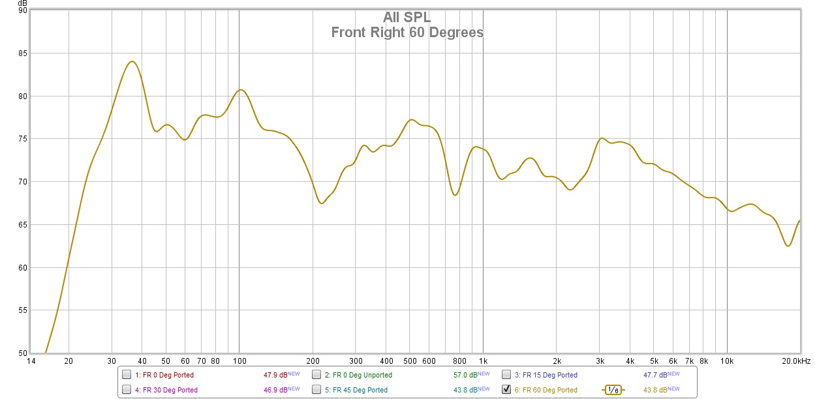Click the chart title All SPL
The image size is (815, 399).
(407, 18)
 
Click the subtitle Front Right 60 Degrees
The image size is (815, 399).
(407, 32)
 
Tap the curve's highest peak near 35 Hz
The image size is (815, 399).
(132, 61)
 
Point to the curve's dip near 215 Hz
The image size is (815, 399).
(322, 203)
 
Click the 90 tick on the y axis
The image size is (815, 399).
(22, 10)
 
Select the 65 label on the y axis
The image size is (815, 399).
(22, 225)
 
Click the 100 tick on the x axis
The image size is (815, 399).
(239, 361)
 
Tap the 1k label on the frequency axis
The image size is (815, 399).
(483, 361)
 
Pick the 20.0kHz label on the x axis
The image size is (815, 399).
(796, 361)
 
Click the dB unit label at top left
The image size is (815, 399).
(23, 3)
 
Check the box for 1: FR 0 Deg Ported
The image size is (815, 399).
(127, 375)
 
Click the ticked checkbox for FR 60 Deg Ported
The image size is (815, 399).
(506, 390)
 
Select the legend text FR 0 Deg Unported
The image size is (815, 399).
(362, 375)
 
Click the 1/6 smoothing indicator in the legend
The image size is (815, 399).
(613, 390)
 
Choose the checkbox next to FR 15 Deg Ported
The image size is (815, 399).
(506, 375)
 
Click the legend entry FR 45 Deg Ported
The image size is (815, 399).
(360, 390)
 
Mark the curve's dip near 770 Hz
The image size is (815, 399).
(455, 195)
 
